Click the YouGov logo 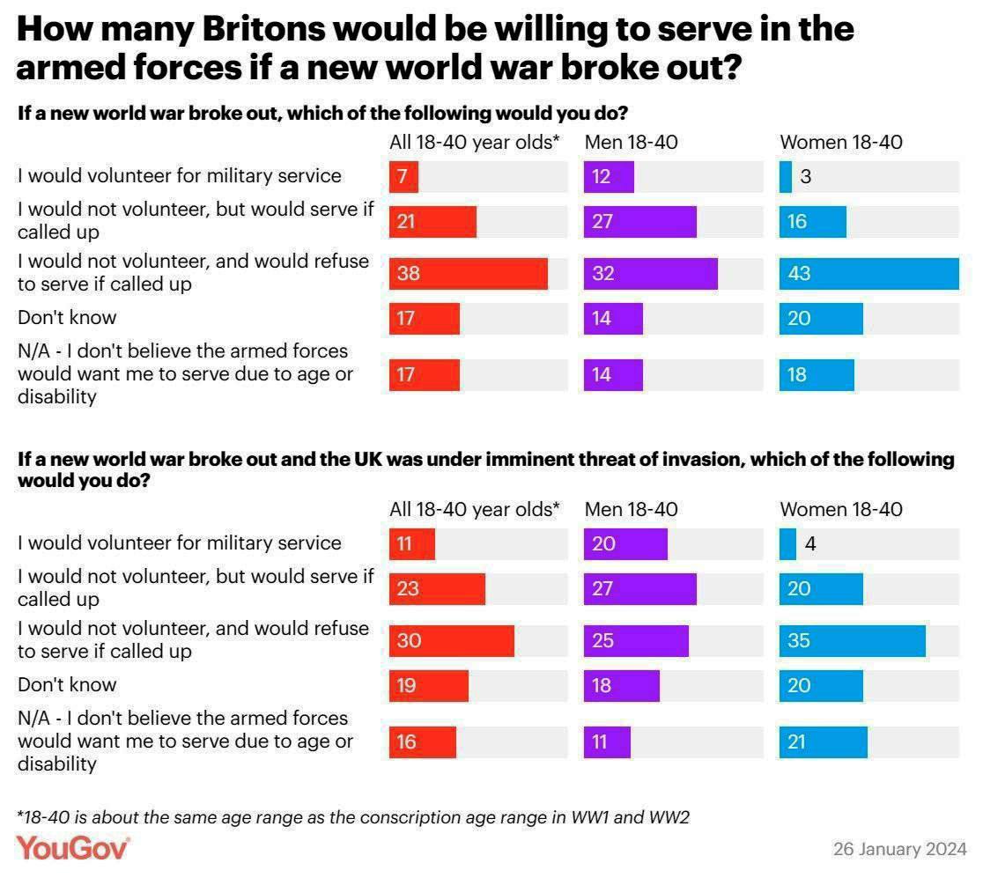(x=73, y=848)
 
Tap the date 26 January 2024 (x=899, y=850)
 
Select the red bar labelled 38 (x=469, y=274)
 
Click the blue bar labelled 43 (x=868, y=274)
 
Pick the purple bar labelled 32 (x=650, y=274)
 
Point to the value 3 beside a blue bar (x=805, y=177)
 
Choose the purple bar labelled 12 (x=609, y=177)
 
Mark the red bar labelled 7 (x=403, y=177)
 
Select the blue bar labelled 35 (x=852, y=640)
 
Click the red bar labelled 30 (x=452, y=640)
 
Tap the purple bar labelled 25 (x=636, y=640)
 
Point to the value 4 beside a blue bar (x=809, y=544)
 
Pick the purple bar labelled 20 (x=625, y=544)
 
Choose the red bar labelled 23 (x=437, y=588)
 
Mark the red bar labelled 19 (x=429, y=685)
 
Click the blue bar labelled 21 (x=823, y=742)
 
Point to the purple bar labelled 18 (x=621, y=685)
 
